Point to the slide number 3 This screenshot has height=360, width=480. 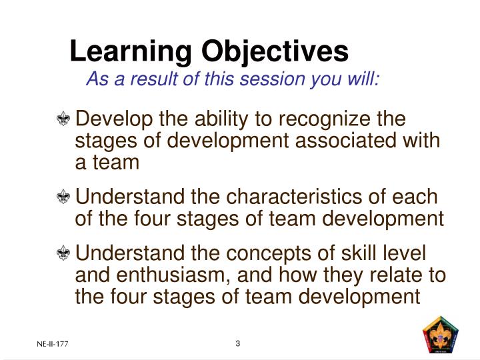[x=237, y=343]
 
